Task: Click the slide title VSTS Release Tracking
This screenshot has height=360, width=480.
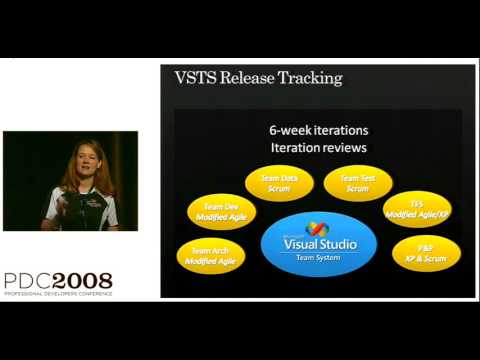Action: (x=258, y=78)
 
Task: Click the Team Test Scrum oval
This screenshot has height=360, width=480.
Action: (x=358, y=182)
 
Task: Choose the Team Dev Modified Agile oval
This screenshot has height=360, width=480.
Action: (x=221, y=210)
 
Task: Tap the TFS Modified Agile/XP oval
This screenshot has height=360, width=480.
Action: (x=416, y=209)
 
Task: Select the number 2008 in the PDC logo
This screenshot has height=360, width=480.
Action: (x=82, y=281)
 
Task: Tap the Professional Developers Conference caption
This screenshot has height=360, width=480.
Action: (x=57, y=294)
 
